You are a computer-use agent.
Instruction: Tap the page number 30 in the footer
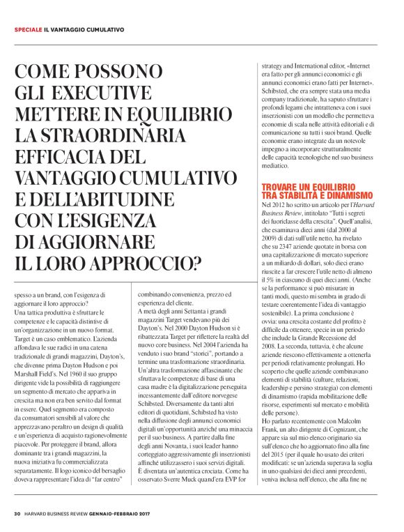(x=17, y=513)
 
